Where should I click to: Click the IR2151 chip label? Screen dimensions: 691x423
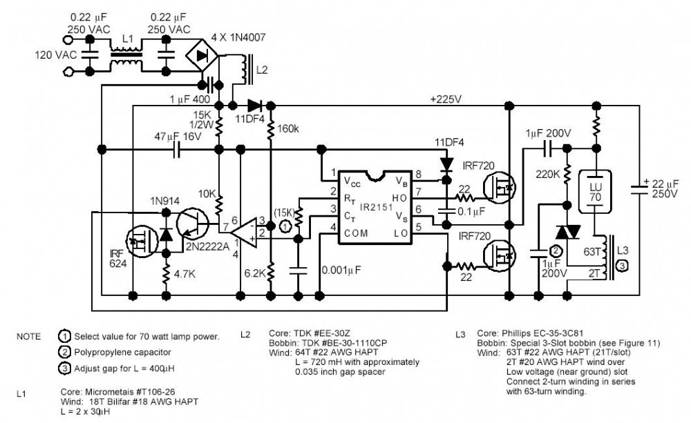[x=376, y=207]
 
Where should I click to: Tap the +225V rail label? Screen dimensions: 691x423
[x=446, y=99]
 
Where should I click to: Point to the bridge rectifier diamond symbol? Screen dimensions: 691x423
[x=202, y=55]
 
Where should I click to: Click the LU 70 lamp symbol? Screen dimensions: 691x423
[x=596, y=192]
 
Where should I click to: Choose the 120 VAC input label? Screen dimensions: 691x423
[x=56, y=55]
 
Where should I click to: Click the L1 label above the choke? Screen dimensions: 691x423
[x=127, y=39]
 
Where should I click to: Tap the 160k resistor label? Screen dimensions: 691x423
[x=288, y=129]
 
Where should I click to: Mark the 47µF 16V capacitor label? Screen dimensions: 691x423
[x=178, y=137]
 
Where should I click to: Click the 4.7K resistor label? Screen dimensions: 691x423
[x=184, y=274]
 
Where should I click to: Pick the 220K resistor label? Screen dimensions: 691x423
[x=548, y=175]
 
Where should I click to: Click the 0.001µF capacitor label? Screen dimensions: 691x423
[x=341, y=270]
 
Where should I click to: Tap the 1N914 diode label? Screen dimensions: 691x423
[x=165, y=201]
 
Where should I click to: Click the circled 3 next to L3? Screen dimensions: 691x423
[x=623, y=266]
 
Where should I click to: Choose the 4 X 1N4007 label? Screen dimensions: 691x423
[x=238, y=37]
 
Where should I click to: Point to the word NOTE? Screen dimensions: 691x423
[x=28, y=337]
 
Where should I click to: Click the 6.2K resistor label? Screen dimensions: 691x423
[x=255, y=273]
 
